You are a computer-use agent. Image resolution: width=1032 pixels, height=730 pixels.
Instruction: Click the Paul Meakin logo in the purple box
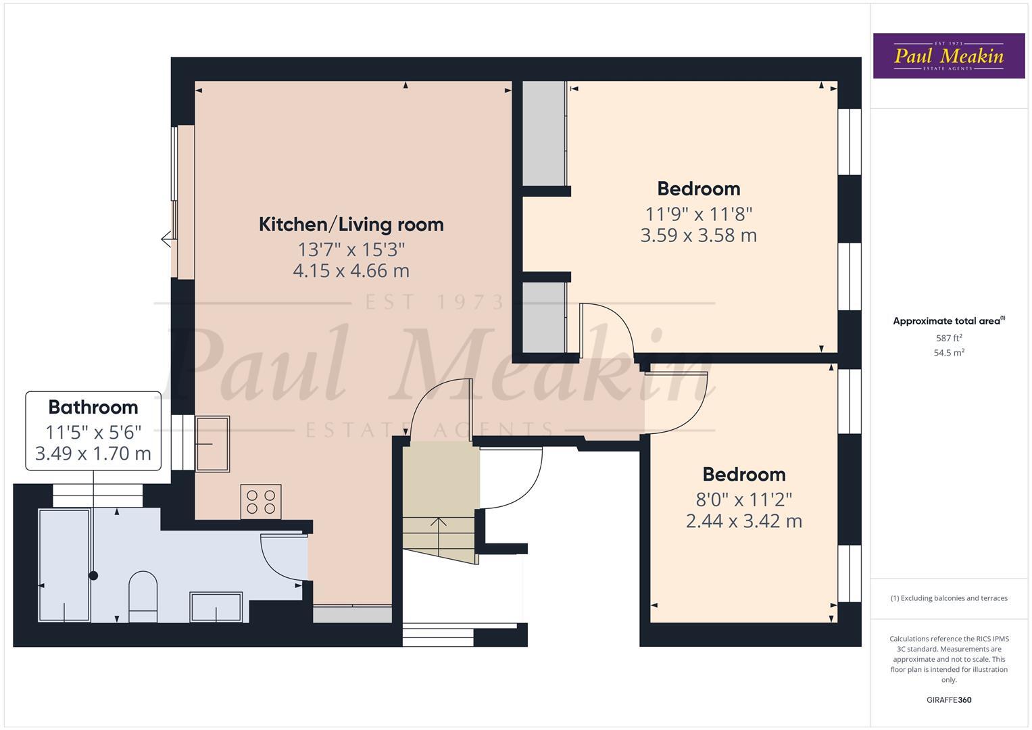948,56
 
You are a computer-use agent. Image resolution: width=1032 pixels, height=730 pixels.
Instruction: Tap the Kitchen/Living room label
351,224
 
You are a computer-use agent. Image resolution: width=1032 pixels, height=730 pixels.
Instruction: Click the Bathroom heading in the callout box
93,408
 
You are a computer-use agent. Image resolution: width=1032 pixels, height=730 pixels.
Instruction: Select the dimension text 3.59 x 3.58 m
698,236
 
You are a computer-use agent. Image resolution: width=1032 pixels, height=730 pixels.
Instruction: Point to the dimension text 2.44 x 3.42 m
743,521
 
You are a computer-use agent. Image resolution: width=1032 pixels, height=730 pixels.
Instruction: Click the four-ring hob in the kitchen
261,502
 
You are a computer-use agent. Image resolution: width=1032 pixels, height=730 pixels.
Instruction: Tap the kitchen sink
212,443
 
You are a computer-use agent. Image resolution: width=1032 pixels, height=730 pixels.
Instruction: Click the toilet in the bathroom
143,596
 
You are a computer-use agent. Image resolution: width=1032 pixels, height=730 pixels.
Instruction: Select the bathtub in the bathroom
65,565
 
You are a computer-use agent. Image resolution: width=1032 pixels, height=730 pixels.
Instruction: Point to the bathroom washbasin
216,606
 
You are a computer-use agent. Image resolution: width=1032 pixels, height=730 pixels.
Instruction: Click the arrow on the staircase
439,522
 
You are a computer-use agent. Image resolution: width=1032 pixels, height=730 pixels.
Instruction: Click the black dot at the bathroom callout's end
93,576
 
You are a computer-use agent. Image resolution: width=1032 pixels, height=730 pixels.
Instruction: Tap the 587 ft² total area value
949,338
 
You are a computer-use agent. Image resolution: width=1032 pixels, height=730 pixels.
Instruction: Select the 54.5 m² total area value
949,352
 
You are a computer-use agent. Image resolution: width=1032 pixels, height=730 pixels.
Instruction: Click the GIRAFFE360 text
949,700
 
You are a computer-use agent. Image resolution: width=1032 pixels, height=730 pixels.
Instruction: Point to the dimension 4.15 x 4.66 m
351,271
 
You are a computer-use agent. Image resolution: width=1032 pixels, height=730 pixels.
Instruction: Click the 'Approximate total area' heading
948,321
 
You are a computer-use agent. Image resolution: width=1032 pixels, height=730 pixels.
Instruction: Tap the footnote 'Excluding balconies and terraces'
949,598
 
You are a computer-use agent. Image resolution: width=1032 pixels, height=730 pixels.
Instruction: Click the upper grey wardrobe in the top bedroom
543,133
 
